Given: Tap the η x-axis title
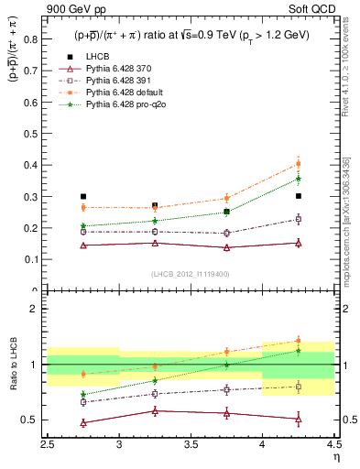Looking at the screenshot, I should pyautogui.click(x=336, y=456).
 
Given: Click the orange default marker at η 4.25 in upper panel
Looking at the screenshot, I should pyautogui.click(x=298, y=165).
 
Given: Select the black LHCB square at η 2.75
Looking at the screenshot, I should pyautogui.click(x=83, y=197).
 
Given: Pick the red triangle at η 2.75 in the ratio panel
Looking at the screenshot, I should pyautogui.click(x=83, y=423).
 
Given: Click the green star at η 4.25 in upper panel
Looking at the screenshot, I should pyautogui.click(x=298, y=179).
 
